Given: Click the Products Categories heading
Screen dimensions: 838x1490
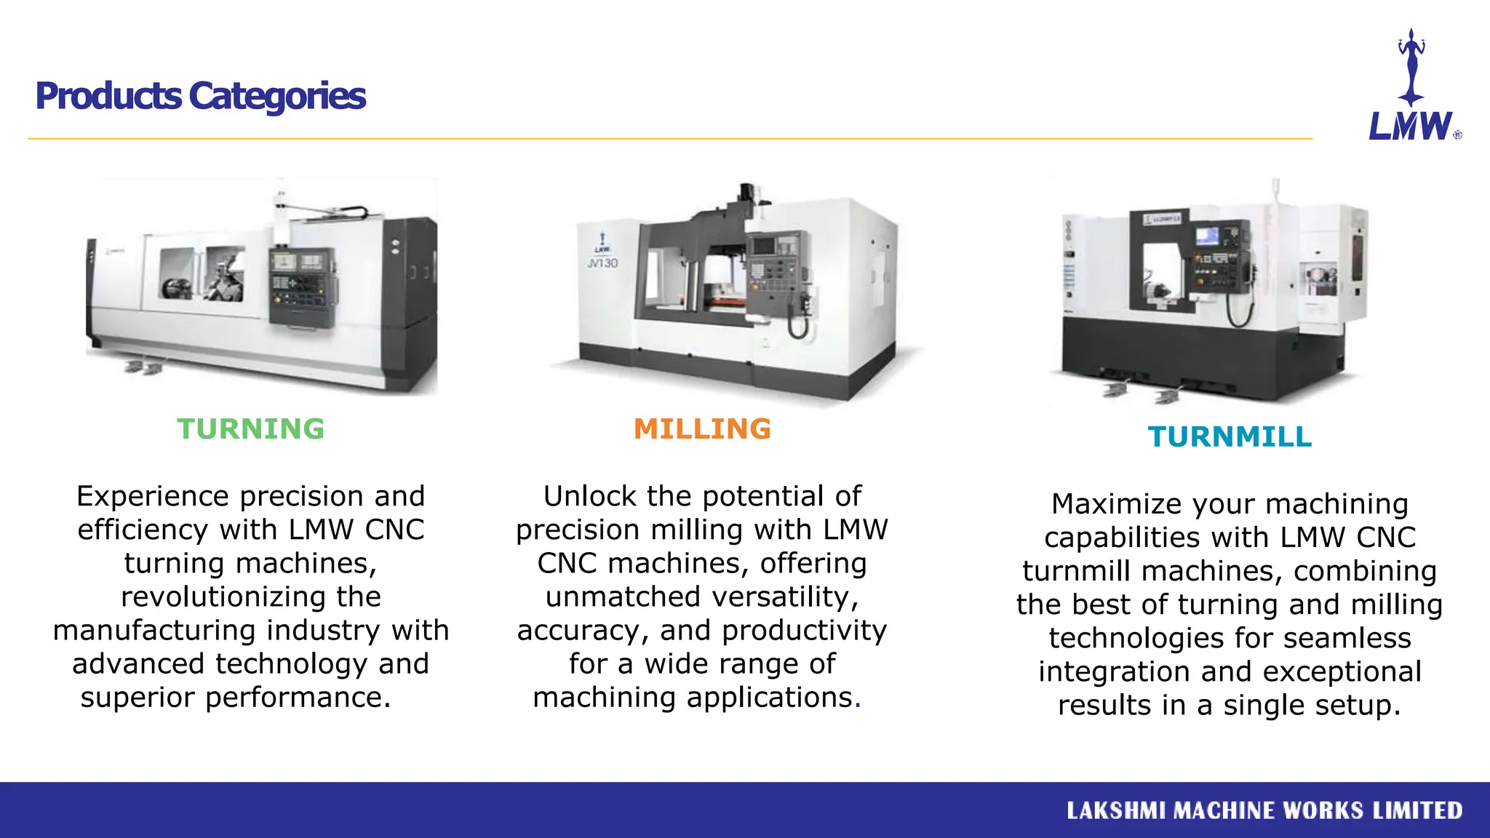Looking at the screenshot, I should coord(200,96).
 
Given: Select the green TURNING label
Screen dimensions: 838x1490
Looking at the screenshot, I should coord(250,429).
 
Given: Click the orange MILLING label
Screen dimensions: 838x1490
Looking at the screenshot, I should coord(702,429).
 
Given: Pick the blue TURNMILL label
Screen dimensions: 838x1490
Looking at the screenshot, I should coord(1230,437).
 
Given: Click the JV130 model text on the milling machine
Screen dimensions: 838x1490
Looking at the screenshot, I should coord(602,263).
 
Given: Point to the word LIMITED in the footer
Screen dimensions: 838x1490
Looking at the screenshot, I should coord(1417,810).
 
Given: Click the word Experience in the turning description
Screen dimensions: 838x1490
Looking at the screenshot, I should coord(153,497).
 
